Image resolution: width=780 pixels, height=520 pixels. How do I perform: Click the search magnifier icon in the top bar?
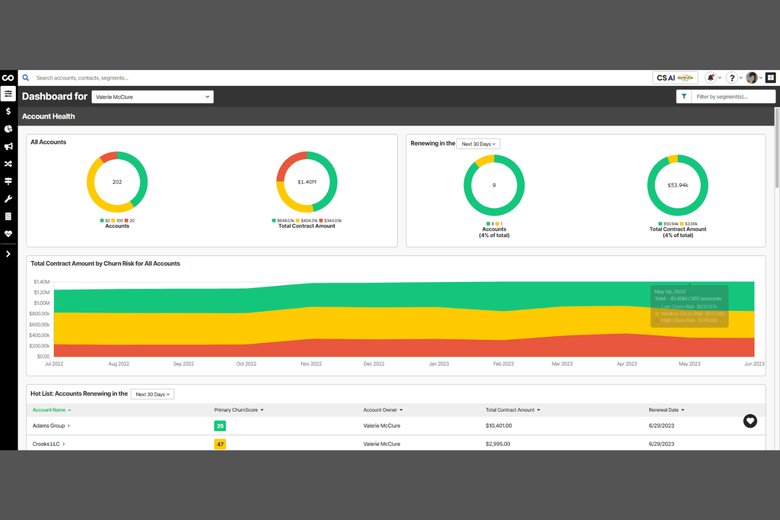tap(25, 78)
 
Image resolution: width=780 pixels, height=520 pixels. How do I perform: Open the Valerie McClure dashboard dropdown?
tap(152, 97)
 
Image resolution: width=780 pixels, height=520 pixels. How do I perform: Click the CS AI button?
tap(675, 78)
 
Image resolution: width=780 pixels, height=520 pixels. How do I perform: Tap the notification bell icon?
tap(710, 78)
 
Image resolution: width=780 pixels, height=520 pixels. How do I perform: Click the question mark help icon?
tap(732, 78)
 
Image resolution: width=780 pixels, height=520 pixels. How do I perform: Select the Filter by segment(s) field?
tap(733, 97)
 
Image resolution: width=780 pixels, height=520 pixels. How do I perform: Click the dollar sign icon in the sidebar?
tap(8, 111)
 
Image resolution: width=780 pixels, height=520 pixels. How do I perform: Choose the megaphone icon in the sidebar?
tap(8, 146)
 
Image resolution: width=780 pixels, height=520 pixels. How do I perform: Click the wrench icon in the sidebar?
tap(8, 199)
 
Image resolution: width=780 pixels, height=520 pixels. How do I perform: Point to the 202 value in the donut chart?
tap(117, 182)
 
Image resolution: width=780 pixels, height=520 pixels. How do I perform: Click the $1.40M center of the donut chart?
tap(307, 182)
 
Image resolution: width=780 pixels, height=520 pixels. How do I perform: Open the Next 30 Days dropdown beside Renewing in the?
tap(478, 144)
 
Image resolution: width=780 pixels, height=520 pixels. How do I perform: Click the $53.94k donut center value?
tap(678, 185)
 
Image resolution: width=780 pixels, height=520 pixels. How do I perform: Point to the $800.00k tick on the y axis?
tap(40, 314)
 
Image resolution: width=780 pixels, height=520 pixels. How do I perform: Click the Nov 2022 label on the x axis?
tap(311, 364)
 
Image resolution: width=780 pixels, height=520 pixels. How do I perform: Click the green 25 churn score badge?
tap(220, 426)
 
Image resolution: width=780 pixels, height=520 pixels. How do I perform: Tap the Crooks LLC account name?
tap(46, 444)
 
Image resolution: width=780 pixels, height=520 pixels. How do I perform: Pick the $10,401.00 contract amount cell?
tap(499, 426)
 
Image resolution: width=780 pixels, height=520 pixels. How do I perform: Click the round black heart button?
tap(750, 421)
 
